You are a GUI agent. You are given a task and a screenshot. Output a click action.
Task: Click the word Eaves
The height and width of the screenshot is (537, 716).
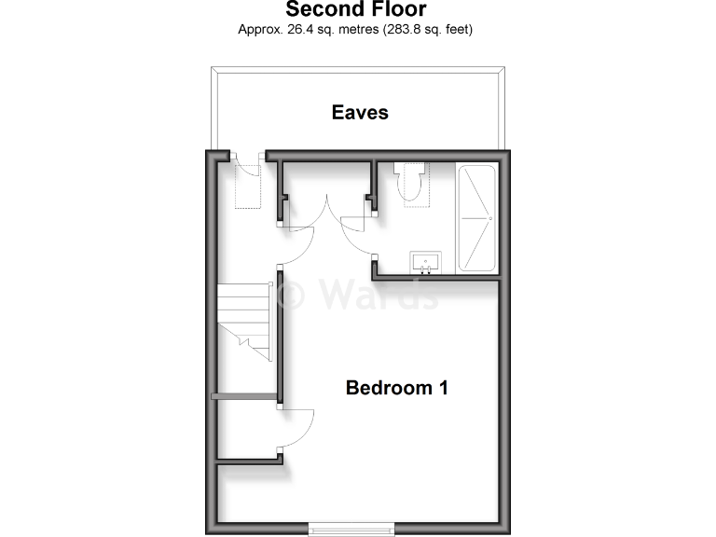pyautogui.click(x=360, y=113)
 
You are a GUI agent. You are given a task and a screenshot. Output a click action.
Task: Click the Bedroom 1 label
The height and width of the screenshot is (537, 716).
pyautogui.click(x=396, y=387)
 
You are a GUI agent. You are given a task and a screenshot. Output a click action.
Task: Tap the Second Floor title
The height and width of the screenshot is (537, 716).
pyautogui.click(x=355, y=10)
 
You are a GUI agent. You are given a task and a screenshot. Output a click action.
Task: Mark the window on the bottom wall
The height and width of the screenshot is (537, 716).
pyautogui.click(x=352, y=529)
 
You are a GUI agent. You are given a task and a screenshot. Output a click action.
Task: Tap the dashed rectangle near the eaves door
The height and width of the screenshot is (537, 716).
pyautogui.click(x=248, y=186)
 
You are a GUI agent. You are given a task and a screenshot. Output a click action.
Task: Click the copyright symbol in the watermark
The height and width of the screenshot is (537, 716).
pyautogui.click(x=292, y=296)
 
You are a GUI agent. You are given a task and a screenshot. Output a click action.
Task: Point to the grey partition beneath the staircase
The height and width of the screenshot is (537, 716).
pyautogui.click(x=244, y=396)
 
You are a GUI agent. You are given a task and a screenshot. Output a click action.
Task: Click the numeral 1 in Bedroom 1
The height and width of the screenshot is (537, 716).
pyautogui.click(x=442, y=387)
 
